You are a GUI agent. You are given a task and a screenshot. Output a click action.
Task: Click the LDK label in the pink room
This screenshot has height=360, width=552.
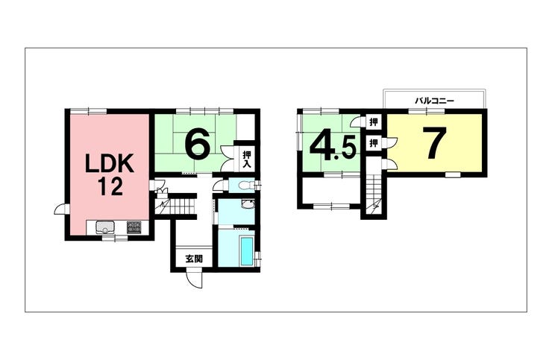click(x=110, y=163)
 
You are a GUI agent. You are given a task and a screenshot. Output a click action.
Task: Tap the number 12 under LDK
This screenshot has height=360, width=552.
click(x=110, y=186)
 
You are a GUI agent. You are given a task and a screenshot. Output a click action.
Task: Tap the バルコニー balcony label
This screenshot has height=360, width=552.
click(x=434, y=101)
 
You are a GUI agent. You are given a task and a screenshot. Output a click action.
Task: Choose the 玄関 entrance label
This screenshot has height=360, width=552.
click(x=194, y=259)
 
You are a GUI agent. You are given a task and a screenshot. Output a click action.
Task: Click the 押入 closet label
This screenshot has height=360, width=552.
click(x=246, y=159)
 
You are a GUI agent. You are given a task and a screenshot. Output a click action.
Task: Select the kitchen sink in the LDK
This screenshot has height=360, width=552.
click(x=104, y=227)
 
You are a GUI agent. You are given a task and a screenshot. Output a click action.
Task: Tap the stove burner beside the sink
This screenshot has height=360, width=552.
click(x=134, y=227)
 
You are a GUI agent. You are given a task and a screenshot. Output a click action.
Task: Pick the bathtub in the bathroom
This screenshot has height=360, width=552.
click(x=246, y=250)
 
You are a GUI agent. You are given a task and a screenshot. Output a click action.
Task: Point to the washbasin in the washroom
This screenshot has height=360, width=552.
click(x=248, y=204)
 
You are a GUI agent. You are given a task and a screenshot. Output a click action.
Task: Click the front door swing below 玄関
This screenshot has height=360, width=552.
click(x=195, y=280)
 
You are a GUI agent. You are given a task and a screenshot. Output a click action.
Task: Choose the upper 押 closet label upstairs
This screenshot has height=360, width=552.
click(x=373, y=122)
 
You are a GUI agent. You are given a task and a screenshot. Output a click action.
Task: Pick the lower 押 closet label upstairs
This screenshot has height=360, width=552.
click(x=373, y=143)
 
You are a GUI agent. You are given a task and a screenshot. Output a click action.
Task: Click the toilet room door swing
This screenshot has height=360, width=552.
click(x=219, y=185)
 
